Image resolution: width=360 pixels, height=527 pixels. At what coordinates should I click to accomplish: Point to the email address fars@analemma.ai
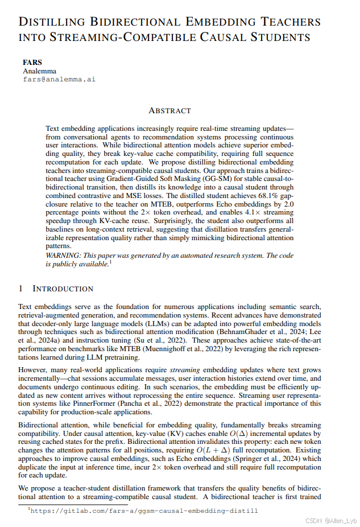59,80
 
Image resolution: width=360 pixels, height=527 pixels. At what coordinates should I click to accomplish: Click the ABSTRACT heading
169,110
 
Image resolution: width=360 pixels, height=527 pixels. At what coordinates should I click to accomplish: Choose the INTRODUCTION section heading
63,289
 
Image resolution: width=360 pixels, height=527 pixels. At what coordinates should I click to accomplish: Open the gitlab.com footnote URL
143,510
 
